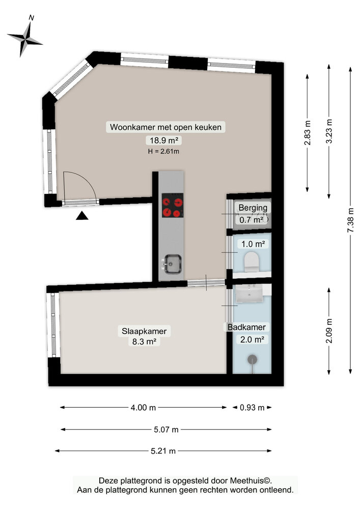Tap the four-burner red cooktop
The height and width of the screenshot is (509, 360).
click(172, 207)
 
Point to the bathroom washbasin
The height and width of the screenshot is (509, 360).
click(250, 294)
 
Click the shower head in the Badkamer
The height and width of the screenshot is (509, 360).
click(252, 360)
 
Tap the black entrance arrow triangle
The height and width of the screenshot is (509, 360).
click(82, 216)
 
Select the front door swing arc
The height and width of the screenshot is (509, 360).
click(81, 186)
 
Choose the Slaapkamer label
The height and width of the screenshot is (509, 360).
click(144, 331)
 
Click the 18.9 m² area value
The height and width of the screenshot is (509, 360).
click(164, 140)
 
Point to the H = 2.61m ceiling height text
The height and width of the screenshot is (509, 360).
click(164, 151)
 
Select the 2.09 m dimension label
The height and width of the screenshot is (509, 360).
click(329, 331)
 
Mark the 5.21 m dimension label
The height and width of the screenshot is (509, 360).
click(164, 450)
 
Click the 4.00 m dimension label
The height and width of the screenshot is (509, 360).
click(144, 407)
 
